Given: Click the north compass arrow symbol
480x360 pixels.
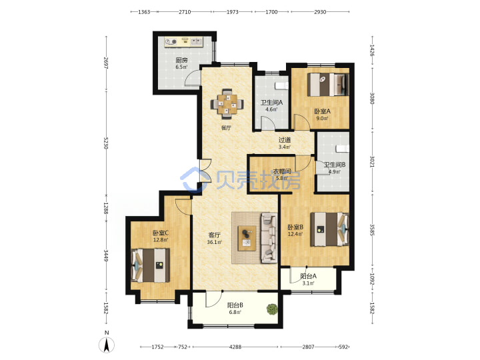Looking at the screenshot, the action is tap(106, 345).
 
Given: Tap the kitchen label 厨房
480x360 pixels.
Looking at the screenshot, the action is tap(181, 60).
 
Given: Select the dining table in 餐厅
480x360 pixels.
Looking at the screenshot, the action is tap(227, 104).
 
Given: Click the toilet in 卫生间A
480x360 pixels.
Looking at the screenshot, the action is tap(281, 86).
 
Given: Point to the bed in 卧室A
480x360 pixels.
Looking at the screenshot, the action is tap(328, 85).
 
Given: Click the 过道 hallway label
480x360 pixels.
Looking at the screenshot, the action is tap(285, 140).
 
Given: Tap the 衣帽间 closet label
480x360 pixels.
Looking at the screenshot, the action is tap(281, 171).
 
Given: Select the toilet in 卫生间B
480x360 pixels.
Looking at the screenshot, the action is tap(342, 149).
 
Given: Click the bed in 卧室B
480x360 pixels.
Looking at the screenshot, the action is tap(330, 229).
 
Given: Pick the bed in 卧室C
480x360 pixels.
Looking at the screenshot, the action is tap(150, 265).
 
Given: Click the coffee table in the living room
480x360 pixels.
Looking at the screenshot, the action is tap(247, 238).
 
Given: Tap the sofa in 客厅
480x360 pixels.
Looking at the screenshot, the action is tap(269, 238).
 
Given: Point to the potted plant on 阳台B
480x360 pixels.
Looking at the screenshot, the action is tap(271, 309).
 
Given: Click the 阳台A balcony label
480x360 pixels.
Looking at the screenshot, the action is tap(308, 276).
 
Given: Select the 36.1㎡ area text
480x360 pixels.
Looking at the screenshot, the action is tap(214, 242).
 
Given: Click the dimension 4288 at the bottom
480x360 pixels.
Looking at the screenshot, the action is tap(235, 347).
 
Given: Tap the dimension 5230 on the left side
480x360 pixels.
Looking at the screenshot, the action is tap(105, 143).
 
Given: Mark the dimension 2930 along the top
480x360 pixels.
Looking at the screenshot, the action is tap(320, 12).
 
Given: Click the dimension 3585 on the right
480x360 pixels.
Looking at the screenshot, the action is tap(372, 230).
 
